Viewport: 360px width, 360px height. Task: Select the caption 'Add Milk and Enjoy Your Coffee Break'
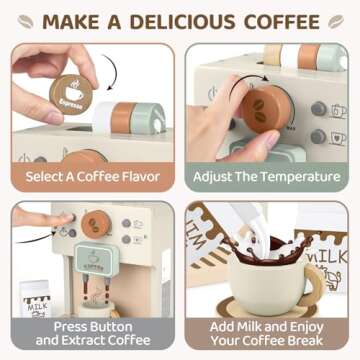pos(270,332)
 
